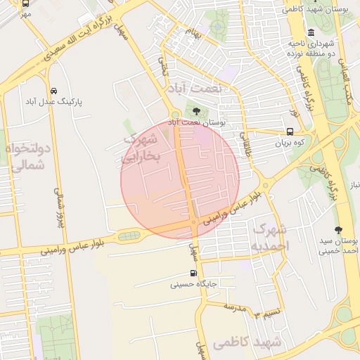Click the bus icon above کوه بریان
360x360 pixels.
290,131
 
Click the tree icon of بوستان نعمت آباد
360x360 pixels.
195,110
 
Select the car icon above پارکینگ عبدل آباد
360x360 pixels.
54,91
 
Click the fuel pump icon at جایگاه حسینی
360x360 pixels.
193,274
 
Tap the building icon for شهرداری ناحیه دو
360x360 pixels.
311,32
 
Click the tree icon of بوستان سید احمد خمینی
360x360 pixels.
338,229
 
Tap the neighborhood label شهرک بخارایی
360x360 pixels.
143,148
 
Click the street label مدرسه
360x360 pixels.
234,307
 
